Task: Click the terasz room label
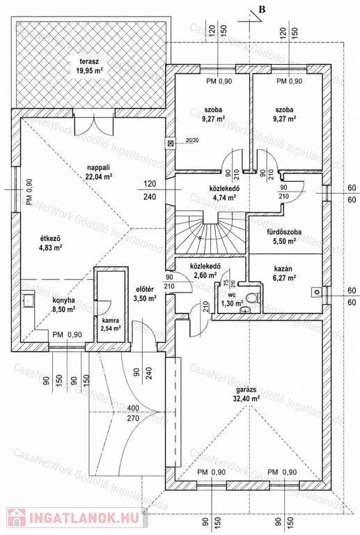(x=90, y=66)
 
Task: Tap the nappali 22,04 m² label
(x=99, y=171)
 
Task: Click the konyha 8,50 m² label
(x=64, y=305)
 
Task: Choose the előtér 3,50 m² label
(x=145, y=294)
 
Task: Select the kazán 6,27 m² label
(x=283, y=273)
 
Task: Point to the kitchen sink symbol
(x=28, y=300)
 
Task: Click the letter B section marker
(x=262, y=9)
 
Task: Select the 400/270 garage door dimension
(x=133, y=412)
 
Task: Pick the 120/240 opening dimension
(x=150, y=190)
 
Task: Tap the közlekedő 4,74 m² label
(x=224, y=193)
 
